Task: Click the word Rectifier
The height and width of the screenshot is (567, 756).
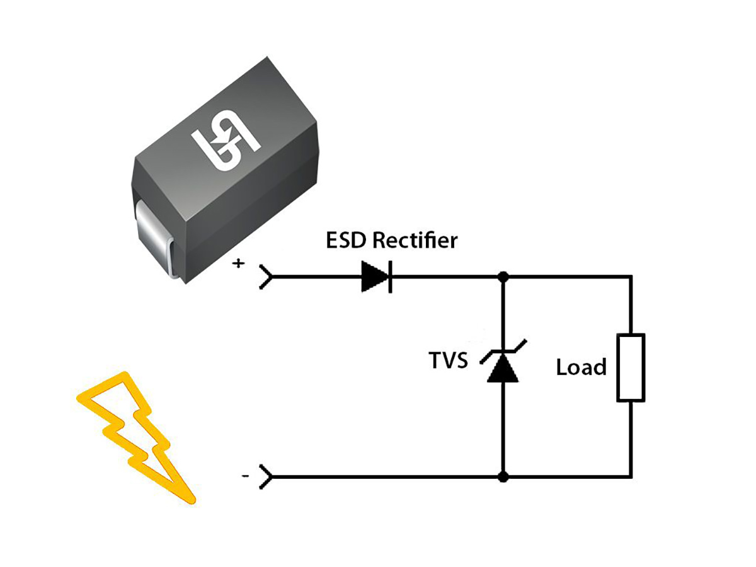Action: click(415, 241)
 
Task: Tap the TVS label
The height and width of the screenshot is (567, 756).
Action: click(448, 360)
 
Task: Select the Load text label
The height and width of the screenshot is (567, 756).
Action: click(581, 367)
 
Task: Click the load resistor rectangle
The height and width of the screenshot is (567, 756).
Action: click(631, 368)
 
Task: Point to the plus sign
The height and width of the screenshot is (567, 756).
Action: click(238, 263)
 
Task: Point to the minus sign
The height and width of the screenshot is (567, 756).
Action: click(244, 477)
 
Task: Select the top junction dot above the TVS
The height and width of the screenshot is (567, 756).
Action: click(503, 277)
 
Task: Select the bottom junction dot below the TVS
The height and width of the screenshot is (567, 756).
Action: click(503, 477)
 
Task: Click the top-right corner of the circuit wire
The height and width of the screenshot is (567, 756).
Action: click(631, 277)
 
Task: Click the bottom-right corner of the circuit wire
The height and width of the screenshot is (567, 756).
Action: click(631, 477)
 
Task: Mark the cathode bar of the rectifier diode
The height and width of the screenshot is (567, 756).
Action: click(390, 277)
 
